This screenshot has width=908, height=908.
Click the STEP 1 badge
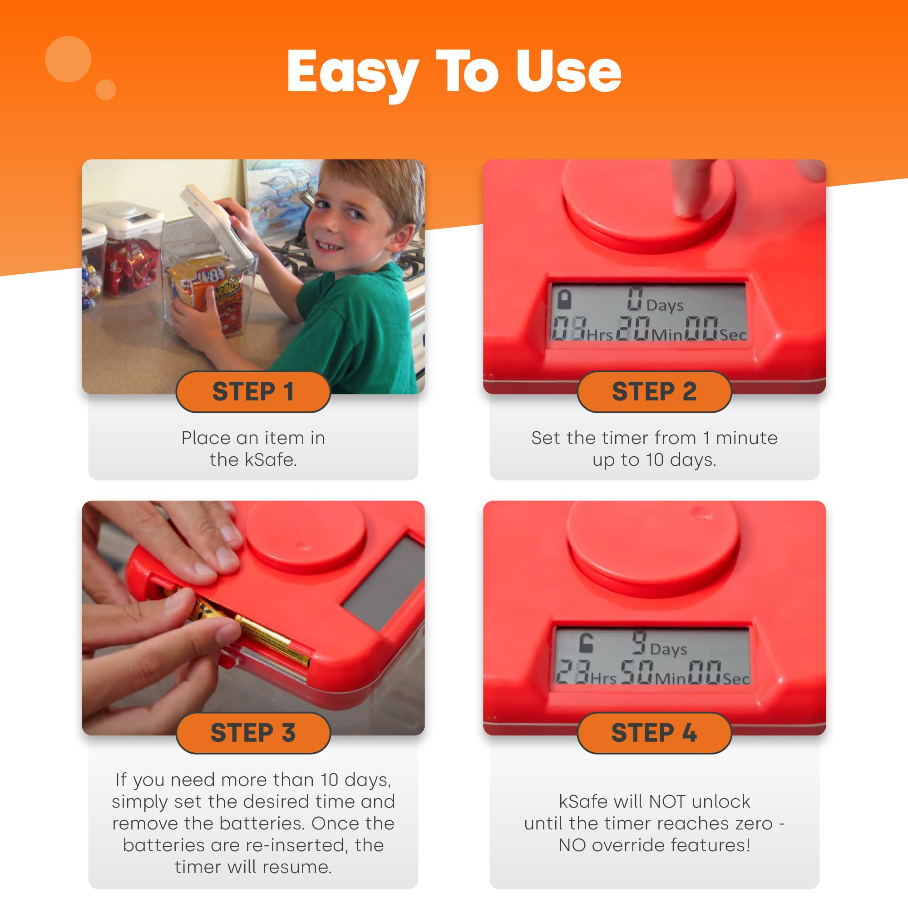[x=253, y=391]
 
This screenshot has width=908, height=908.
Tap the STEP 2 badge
[x=654, y=391]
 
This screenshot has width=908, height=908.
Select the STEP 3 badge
[x=253, y=733]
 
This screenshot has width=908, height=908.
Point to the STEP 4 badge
[x=654, y=733]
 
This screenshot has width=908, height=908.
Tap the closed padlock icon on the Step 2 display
[x=564, y=299]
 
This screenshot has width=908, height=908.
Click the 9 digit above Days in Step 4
[x=639, y=642]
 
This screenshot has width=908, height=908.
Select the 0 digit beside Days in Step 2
[x=635, y=299]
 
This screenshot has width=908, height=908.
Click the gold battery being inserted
[x=272, y=641]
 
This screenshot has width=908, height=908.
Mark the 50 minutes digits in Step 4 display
[x=637, y=672]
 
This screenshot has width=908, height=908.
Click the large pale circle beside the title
[x=68, y=59]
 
